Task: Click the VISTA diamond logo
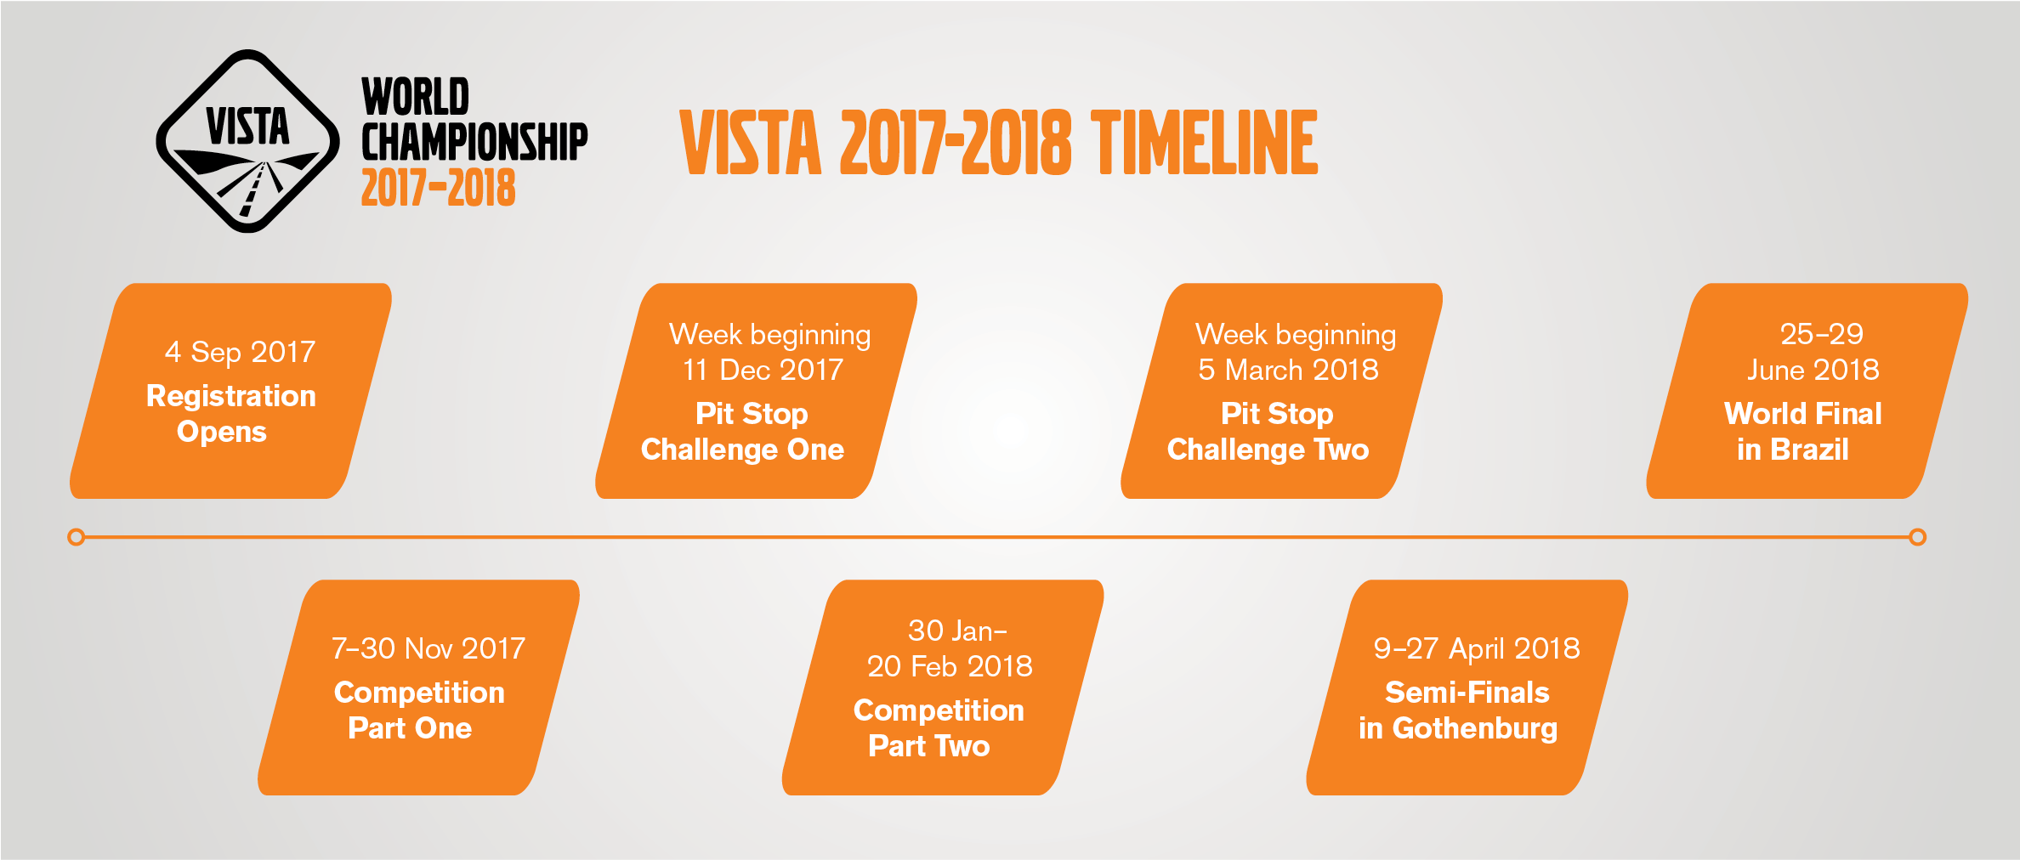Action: pyautogui.click(x=247, y=141)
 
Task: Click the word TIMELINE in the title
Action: pyautogui.click(x=1205, y=143)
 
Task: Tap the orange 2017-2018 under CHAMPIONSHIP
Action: pyautogui.click(x=438, y=188)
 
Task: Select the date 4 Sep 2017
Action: pyautogui.click(x=240, y=352)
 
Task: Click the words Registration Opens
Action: pyautogui.click(x=230, y=414)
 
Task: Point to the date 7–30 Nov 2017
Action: pyautogui.click(x=428, y=648)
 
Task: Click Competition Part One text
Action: pyautogui.click(x=418, y=710)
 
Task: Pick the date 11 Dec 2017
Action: pyautogui.click(x=763, y=370)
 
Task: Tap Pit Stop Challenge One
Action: pyautogui.click(x=742, y=432)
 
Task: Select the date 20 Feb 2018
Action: pyautogui.click(x=950, y=666)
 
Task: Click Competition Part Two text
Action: pyautogui.click(x=938, y=728)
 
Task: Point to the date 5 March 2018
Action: pyautogui.click(x=1288, y=370)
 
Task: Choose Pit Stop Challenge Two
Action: pyautogui.click(x=1268, y=432)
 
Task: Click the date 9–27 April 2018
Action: pyautogui.click(x=1477, y=648)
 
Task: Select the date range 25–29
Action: pyautogui.click(x=1821, y=334)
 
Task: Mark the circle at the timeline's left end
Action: pyautogui.click(x=76, y=537)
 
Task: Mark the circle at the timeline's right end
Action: pyautogui.click(x=1917, y=537)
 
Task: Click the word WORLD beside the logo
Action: pyautogui.click(x=415, y=97)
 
